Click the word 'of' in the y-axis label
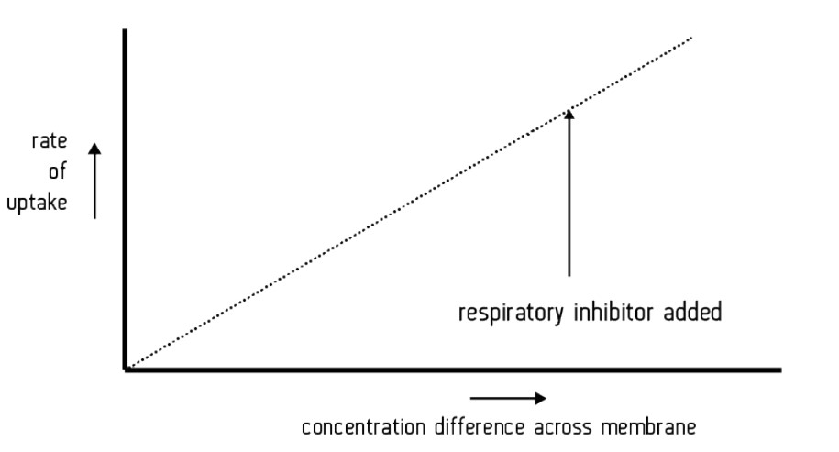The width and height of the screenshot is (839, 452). click(57, 172)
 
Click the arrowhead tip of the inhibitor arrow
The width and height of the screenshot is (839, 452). click(569, 110)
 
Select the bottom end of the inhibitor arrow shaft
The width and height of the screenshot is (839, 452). click(569, 275)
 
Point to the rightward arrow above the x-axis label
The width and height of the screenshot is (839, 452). click(508, 398)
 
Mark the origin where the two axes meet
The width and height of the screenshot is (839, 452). click(125, 369)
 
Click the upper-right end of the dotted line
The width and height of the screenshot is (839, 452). click(690, 38)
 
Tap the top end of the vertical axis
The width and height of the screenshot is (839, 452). click(125, 31)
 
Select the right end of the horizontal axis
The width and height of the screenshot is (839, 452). click(779, 369)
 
